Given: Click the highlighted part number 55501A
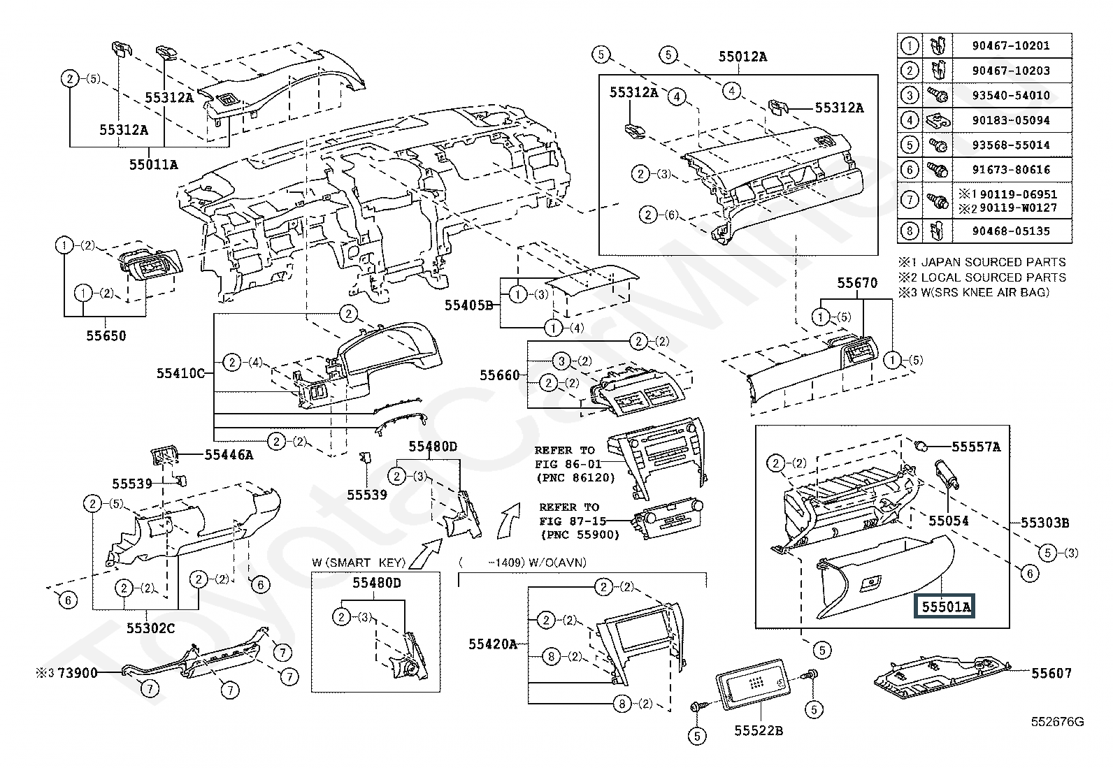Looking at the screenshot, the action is [945, 607].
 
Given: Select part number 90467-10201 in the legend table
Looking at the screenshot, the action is [1011, 45].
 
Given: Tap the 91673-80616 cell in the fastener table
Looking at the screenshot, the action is [1011, 170].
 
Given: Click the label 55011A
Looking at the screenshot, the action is [154, 164].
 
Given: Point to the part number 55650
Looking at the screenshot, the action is [106, 336].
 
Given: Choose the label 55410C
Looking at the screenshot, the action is [180, 373].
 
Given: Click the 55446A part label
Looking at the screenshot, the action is [229, 454].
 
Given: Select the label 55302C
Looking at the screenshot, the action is [150, 628].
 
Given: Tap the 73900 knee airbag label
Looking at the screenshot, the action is [77, 673].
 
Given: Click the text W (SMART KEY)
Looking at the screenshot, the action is [359, 563].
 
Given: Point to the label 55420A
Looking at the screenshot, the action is [493, 644].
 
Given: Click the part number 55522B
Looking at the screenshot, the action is [759, 730].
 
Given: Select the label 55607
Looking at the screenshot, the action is [1051, 673].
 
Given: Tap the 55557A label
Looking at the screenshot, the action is [977, 447].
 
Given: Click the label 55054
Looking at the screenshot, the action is [949, 521].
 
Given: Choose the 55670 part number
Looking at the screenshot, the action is [857, 283].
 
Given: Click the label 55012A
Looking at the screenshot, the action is [743, 57].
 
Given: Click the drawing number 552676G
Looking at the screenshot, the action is [1057, 722].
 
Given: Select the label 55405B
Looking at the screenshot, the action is [468, 305].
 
